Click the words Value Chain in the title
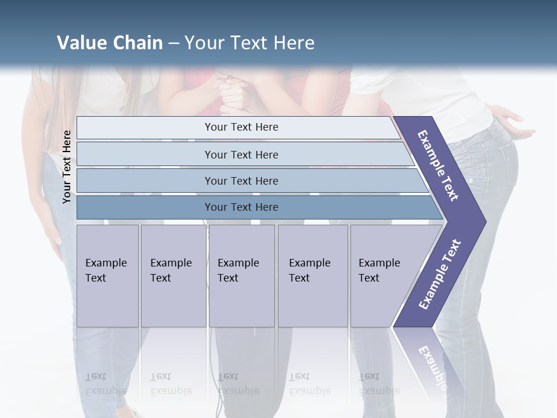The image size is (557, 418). (110, 43)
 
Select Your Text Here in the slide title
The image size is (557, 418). (249, 43)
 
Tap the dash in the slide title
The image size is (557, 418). (173, 44)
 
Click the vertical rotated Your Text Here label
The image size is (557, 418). (67, 167)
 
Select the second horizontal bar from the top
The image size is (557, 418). (241, 154)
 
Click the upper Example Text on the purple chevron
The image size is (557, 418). (438, 165)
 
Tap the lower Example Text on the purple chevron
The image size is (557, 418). (439, 275)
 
